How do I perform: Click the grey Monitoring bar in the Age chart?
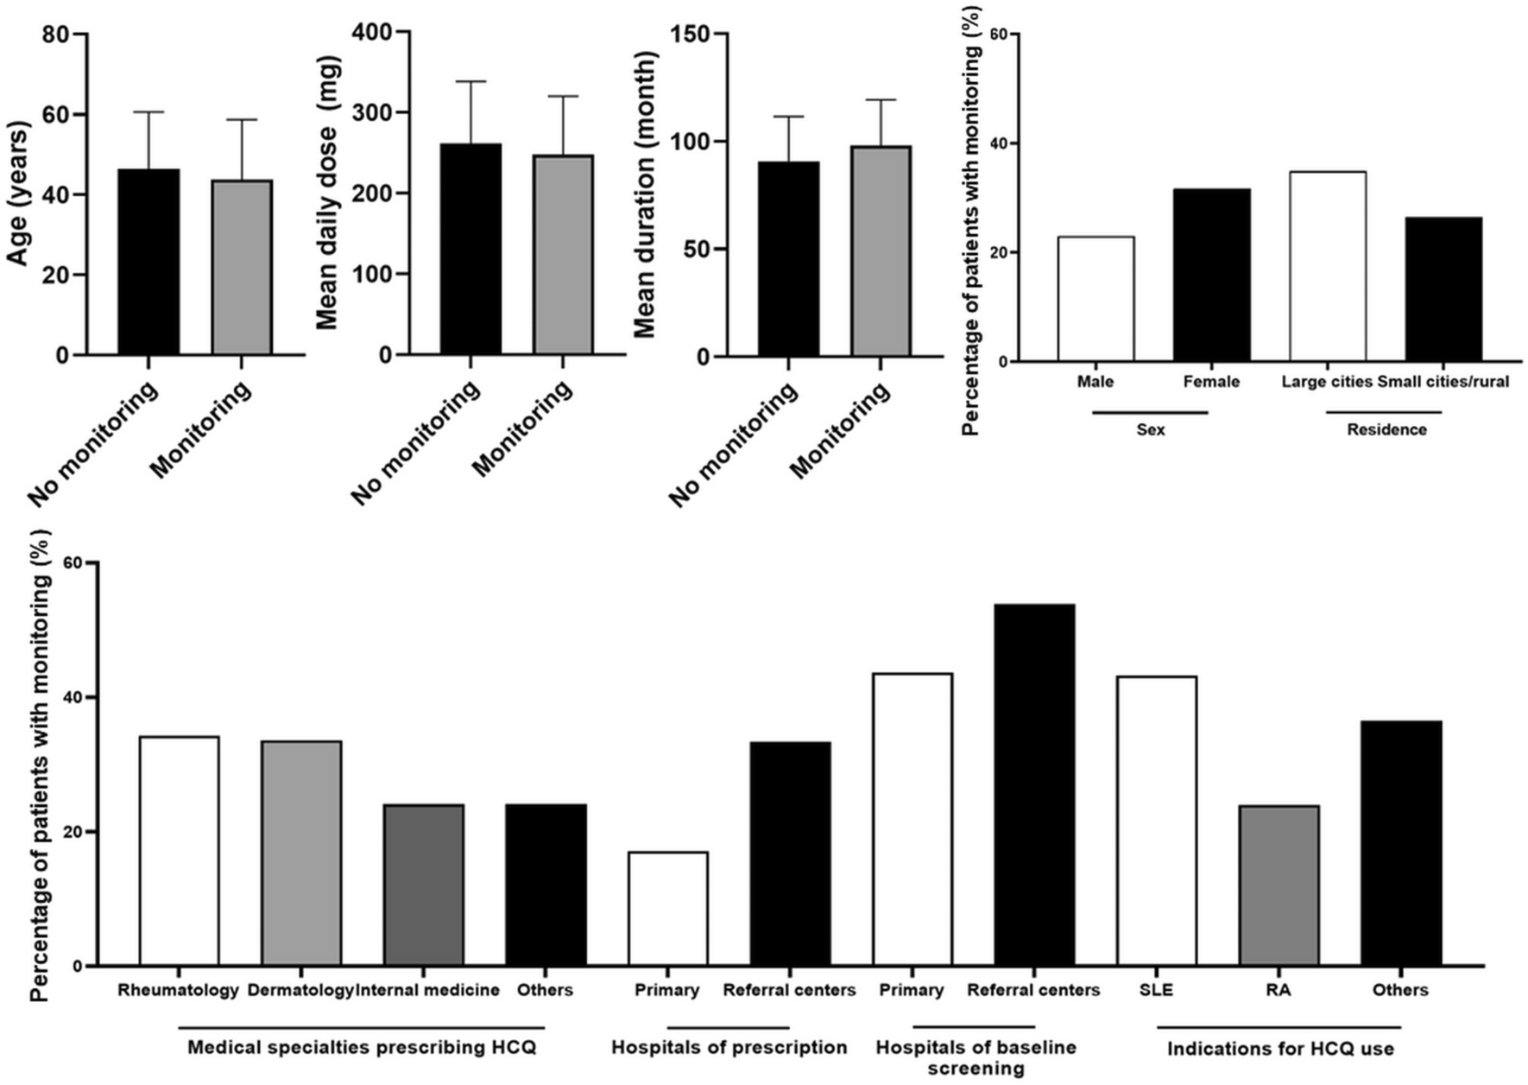242,268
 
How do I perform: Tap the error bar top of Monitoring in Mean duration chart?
881,100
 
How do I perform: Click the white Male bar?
1095,299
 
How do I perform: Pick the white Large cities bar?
1327,266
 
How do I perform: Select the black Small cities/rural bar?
1443,289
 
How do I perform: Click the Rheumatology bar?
180,851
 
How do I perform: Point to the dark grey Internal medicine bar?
424,885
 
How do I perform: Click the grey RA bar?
1279,885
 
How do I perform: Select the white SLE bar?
1156,821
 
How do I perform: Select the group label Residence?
1386,429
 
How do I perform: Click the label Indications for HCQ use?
1279,1049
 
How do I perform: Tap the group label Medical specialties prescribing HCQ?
362,1047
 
